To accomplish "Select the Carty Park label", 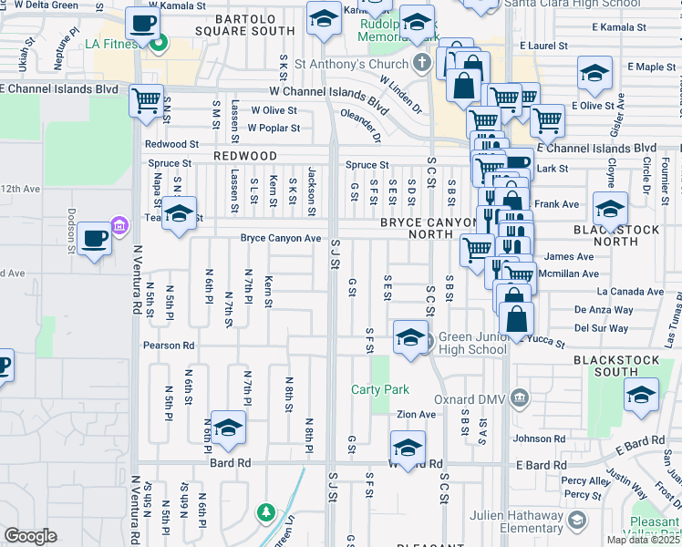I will coord(380,389).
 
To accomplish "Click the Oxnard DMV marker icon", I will coord(519,397).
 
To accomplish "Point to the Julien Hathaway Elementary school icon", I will coord(575,520).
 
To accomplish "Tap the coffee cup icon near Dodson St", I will coord(93,241).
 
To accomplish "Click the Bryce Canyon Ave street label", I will coord(281,238).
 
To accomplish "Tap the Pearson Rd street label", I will coord(169,346).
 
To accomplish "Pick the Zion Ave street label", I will coord(416,414).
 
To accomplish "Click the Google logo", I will coord(30,536).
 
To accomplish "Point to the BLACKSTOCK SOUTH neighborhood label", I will coord(617,366).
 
